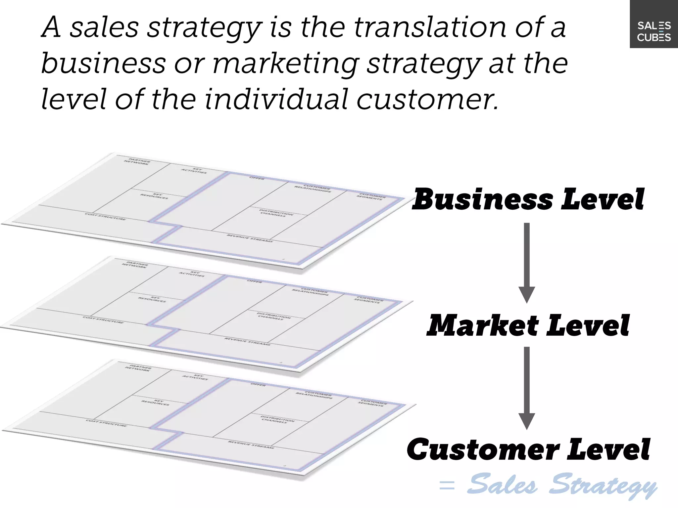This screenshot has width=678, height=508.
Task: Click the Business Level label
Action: click(528, 199)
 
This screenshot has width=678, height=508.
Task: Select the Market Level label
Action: click(528, 326)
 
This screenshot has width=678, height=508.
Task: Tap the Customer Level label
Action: click(528, 449)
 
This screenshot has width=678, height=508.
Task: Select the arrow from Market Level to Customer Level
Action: click(527, 387)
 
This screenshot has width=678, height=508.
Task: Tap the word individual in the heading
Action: click(276, 100)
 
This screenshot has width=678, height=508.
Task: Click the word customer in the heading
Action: click(427, 100)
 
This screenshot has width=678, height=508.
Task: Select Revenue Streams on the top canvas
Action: click(250, 238)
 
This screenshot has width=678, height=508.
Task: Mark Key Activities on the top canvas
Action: click(194, 171)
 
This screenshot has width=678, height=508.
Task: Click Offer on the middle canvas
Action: click(255, 281)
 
